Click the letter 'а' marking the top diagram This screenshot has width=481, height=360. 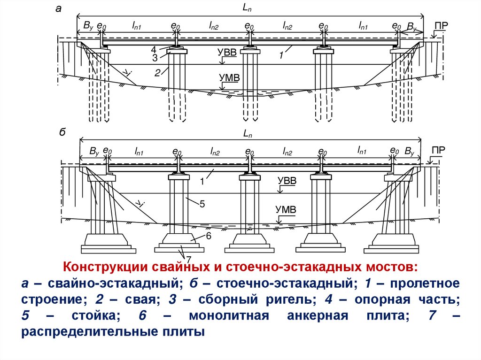58,8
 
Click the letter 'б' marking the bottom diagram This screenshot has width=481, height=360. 62,133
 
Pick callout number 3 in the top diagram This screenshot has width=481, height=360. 154,58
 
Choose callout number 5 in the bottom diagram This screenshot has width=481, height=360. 202,205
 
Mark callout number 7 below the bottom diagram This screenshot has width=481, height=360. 188,259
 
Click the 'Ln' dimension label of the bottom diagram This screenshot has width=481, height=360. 248,133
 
